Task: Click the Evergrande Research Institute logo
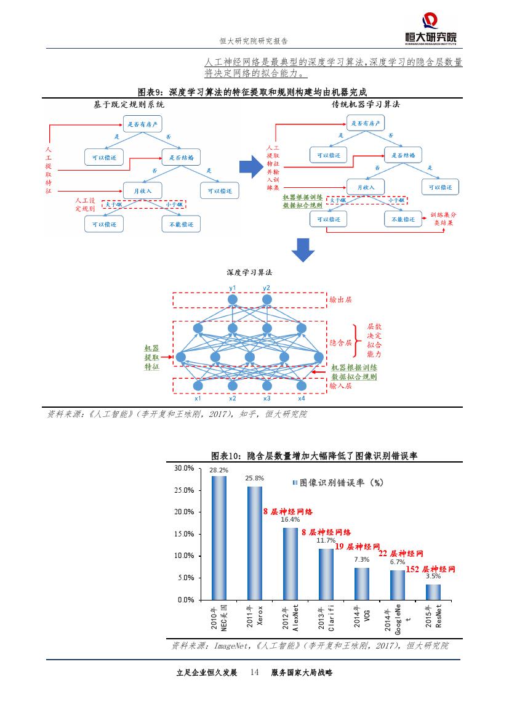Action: click(x=431, y=28)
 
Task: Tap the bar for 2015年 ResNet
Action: click(x=433, y=591)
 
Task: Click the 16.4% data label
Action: click(x=290, y=519)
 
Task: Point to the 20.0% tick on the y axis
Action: click(x=184, y=512)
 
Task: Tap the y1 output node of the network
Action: click(x=233, y=300)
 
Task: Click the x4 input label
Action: click(x=302, y=398)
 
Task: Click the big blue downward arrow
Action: click(x=302, y=249)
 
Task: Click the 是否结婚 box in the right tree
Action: click(x=403, y=156)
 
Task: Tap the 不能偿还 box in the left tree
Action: click(x=181, y=224)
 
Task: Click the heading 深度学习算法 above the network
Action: click(x=249, y=272)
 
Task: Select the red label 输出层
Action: click(x=340, y=300)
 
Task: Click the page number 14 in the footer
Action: click(x=254, y=673)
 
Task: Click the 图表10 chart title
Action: click(x=314, y=456)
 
